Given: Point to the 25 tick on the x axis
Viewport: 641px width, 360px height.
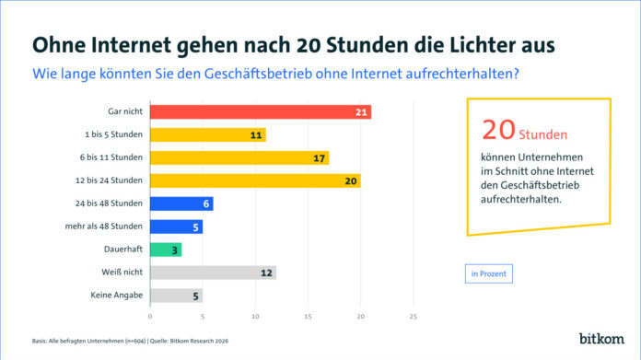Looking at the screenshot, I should click(414, 316).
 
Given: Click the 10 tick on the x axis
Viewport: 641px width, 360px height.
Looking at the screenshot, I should click(255, 316).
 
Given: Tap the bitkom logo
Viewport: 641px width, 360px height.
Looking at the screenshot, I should click(601, 339).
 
